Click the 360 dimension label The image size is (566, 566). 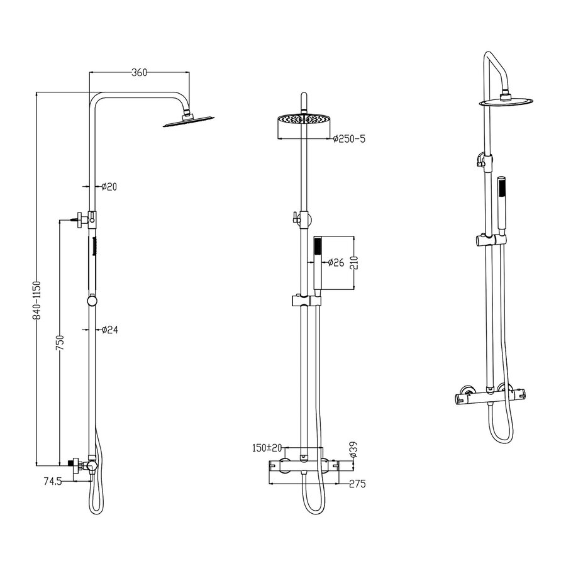(139, 72)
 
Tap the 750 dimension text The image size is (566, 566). (60, 343)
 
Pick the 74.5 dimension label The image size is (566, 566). (53, 481)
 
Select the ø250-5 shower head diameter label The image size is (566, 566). (349, 138)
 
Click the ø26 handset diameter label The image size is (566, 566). (336, 262)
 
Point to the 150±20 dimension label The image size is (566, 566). (267, 448)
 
